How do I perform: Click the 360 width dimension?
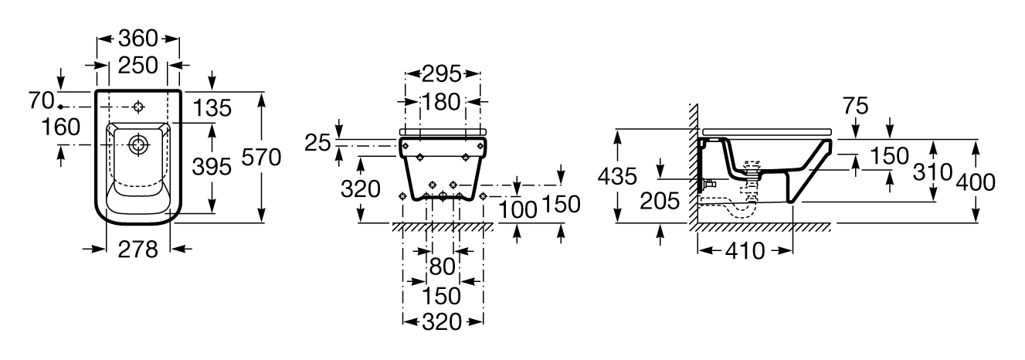tap(137, 39)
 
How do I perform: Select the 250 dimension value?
tap(137, 65)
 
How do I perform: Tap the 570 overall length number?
tap(261, 158)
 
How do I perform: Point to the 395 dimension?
tap(212, 167)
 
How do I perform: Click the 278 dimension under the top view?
tap(137, 250)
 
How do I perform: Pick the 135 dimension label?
tap(212, 108)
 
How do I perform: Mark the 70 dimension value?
tap(42, 100)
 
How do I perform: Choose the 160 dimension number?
tap(61, 127)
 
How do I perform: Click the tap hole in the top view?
tap(138, 107)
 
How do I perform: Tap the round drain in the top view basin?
tap(138, 145)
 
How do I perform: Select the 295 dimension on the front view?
tap(442, 74)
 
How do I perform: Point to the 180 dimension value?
tap(441, 102)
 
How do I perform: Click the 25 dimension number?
tap(317, 143)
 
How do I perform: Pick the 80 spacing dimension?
tap(442, 267)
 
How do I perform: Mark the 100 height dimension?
tap(518, 210)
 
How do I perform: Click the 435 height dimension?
tap(617, 176)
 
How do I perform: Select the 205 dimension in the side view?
tap(660, 201)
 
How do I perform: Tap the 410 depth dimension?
tap(745, 250)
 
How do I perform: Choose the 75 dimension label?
tap(855, 106)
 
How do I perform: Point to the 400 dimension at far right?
tap(976, 182)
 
